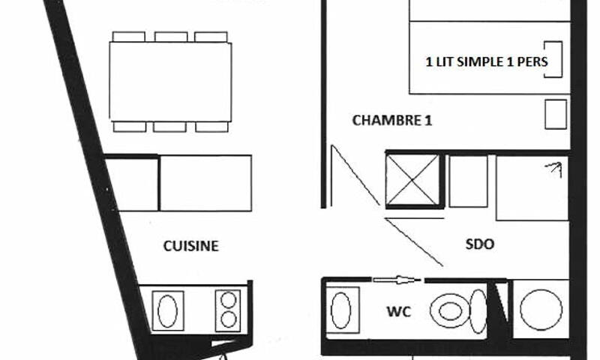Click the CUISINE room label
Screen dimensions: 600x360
191,245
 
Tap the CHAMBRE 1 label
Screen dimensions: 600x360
391,120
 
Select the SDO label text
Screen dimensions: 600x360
480,244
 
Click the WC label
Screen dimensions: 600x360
399,311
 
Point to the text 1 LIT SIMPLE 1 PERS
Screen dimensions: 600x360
487,61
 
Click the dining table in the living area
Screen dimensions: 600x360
170,82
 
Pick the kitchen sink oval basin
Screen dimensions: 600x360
167,310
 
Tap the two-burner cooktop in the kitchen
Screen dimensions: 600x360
228,310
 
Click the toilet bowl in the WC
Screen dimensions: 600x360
449,310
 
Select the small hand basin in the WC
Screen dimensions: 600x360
340,310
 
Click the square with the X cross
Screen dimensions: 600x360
412,180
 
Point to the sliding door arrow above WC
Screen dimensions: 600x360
397,280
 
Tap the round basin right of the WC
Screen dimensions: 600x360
541,310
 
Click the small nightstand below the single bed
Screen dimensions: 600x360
556,115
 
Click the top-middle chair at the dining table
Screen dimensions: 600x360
171,37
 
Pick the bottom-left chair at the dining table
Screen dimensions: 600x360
130,127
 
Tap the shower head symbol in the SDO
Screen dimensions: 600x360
554,169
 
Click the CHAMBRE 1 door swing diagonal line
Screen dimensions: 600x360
355,175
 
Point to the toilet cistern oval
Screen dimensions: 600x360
478,311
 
